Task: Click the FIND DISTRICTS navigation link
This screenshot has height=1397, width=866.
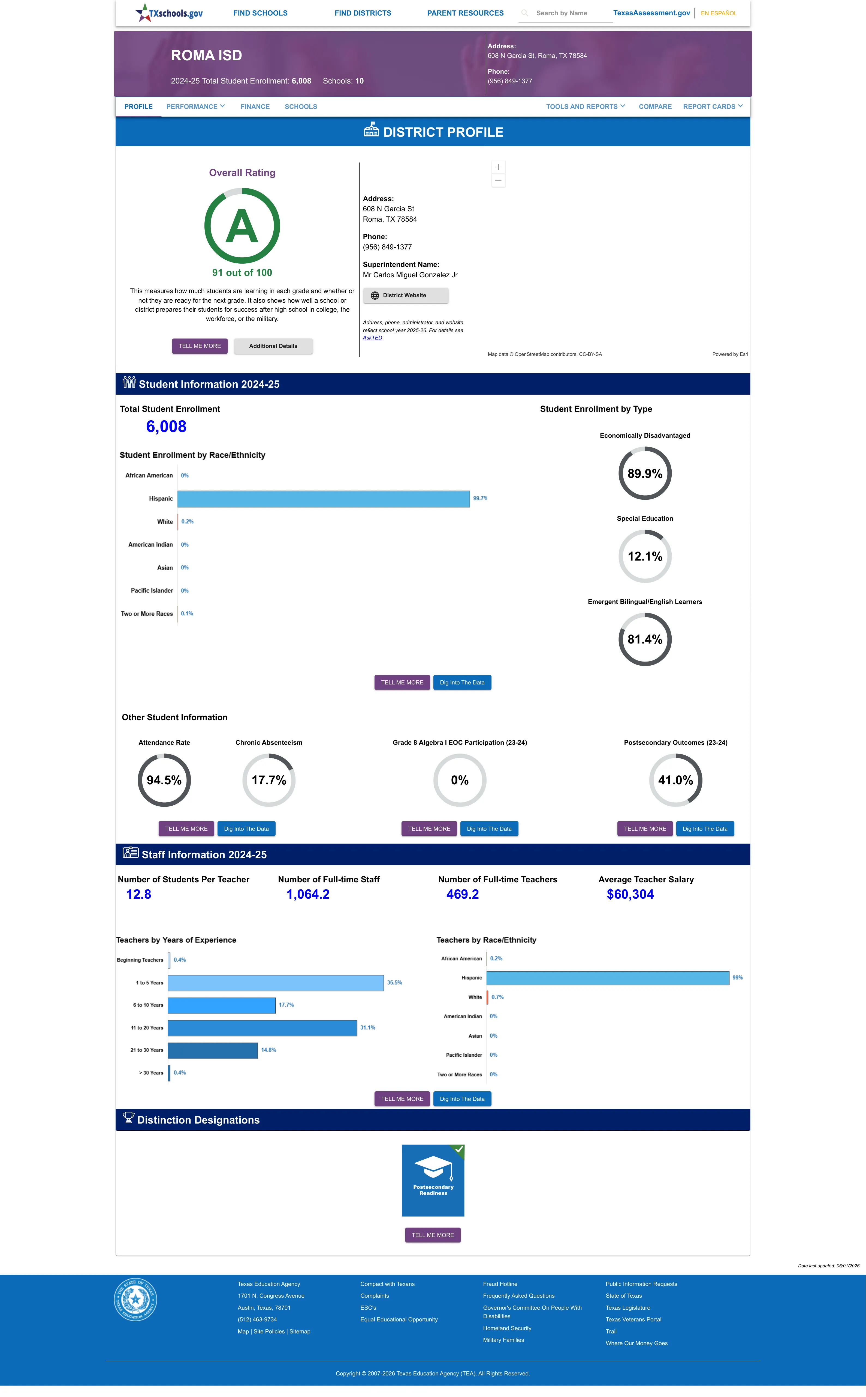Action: coord(363,13)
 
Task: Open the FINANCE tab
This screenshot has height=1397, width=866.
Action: coord(255,107)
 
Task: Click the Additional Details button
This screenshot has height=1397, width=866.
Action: coord(273,346)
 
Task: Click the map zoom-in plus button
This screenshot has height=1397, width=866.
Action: coord(498,167)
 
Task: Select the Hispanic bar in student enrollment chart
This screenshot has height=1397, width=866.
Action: coord(324,499)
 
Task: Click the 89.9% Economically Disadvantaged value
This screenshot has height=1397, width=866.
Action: coord(645,473)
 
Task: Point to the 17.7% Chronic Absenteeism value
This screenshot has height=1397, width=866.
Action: coord(268,780)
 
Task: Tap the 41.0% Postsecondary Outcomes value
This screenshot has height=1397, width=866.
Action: coord(675,780)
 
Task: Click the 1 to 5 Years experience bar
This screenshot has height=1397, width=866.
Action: coord(276,982)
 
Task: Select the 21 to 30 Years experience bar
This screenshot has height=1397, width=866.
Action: coord(213,1050)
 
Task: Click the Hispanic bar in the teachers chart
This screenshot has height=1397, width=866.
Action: coord(608,978)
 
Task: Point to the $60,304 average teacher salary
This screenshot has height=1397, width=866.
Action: coord(630,894)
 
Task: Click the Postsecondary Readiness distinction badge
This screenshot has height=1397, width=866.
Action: coord(433,1180)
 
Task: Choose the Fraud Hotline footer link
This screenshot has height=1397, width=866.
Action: coord(500,1284)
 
